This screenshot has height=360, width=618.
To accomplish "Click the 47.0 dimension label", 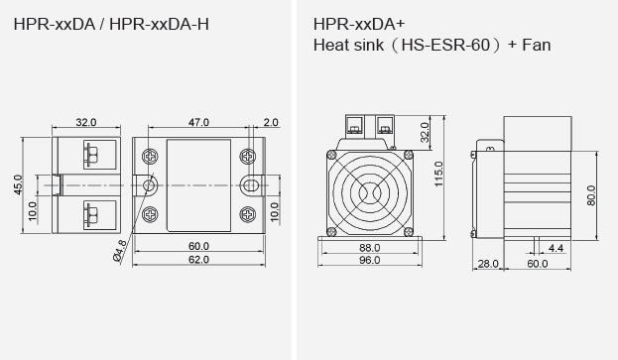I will [x=199, y=122].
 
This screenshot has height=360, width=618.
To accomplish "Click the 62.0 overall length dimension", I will [x=199, y=260].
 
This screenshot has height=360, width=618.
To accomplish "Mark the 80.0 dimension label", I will [x=592, y=195].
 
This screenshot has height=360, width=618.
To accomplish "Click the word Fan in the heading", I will [x=537, y=45].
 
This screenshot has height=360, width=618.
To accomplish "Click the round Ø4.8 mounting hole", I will [x=150, y=185].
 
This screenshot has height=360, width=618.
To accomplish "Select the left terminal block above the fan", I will [x=352, y=126].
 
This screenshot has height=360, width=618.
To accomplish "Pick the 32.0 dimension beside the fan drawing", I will [x=425, y=132].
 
